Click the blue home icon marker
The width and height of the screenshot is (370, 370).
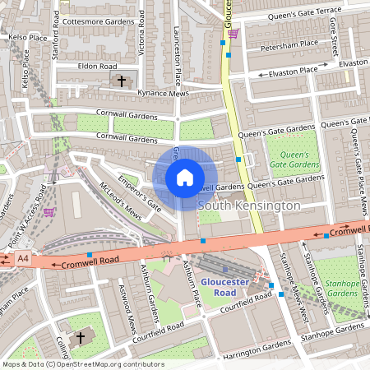point(185,178)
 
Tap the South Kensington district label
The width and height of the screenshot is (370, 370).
point(248,204)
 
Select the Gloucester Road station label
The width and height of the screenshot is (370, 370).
point(224,287)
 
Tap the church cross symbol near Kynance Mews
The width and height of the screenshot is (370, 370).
point(123,81)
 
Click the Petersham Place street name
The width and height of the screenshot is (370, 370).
point(289,48)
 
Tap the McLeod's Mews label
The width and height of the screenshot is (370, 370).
point(119,201)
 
